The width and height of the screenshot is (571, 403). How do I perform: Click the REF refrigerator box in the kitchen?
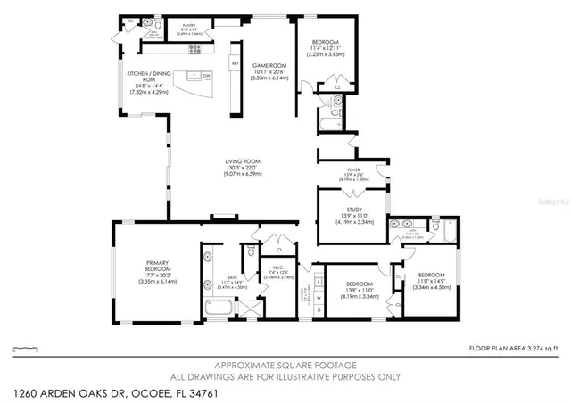235,64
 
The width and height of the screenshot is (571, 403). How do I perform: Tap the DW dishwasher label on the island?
206,76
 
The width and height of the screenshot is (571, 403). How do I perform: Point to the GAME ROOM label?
266,66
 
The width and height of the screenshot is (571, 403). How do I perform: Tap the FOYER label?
353,169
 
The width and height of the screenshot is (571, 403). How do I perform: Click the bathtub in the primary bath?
219,309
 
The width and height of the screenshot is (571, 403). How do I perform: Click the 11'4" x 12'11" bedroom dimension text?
326,48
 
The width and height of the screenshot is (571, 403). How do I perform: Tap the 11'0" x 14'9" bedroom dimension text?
431,281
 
